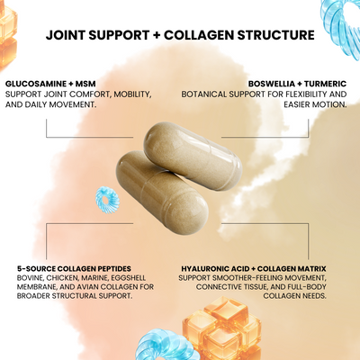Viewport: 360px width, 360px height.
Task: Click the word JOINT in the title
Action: (x=65, y=35)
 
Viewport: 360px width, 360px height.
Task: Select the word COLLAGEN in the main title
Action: (x=199, y=35)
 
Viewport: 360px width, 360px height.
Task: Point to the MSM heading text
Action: (x=85, y=84)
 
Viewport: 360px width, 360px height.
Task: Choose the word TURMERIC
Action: (x=325, y=84)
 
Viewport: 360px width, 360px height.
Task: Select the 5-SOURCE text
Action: (x=36, y=268)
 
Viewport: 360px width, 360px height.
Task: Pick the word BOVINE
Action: (x=30, y=278)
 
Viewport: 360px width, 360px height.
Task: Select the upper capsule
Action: (x=193, y=156)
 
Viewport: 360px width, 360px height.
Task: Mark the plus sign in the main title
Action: (x=157, y=35)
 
